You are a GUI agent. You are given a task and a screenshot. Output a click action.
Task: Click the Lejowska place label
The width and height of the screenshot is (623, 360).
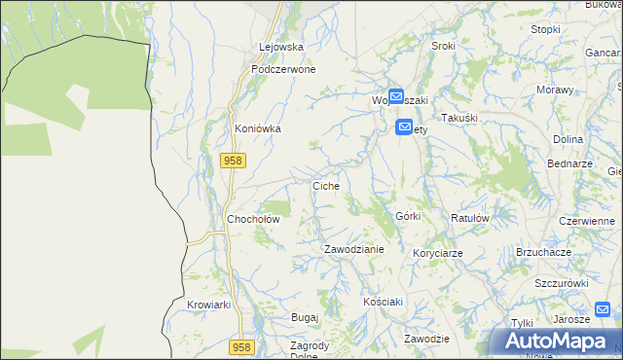click(x=281, y=47)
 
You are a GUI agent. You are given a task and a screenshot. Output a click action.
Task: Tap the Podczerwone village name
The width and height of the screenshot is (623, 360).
click(x=282, y=70)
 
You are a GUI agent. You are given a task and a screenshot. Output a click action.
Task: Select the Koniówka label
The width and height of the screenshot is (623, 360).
click(x=258, y=127)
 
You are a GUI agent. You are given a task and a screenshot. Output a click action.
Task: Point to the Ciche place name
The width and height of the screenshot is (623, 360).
click(x=325, y=185)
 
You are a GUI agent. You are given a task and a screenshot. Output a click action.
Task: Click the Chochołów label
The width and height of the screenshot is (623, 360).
click(x=253, y=219)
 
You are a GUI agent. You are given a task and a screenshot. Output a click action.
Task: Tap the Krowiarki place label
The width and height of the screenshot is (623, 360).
click(x=208, y=305)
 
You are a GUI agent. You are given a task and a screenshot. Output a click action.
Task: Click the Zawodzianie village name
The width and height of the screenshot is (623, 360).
click(x=354, y=249)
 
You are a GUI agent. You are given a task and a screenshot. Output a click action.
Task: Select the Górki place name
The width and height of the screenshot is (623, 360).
click(x=408, y=216)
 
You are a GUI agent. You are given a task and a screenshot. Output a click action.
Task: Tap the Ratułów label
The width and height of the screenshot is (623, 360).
click(x=469, y=219)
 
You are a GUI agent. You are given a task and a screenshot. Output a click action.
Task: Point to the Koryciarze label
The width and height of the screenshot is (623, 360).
click(x=437, y=253)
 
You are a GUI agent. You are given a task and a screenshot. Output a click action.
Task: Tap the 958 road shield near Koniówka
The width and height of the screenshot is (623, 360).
click(x=232, y=162)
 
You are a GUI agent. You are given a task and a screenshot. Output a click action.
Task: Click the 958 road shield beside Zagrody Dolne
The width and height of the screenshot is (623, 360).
click(x=242, y=347)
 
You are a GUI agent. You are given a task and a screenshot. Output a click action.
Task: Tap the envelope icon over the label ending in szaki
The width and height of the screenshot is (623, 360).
click(x=396, y=97)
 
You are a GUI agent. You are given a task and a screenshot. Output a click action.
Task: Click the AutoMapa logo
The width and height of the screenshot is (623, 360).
click(x=558, y=342)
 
